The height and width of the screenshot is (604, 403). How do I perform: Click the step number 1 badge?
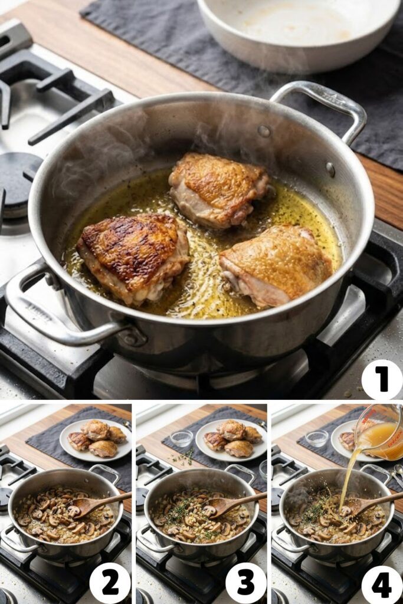[x=382, y=379]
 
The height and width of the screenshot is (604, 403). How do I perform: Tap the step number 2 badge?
[x=110, y=583]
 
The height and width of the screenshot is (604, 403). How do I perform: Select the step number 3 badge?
[x=245, y=583]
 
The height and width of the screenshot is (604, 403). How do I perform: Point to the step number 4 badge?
[x=381, y=583]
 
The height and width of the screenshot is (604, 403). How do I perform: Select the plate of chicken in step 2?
[x=96, y=439]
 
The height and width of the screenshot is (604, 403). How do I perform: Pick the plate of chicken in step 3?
[x=231, y=439]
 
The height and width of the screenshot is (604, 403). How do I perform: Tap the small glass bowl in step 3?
[x=181, y=438]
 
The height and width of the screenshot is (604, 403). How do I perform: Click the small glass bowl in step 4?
[x=317, y=438]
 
